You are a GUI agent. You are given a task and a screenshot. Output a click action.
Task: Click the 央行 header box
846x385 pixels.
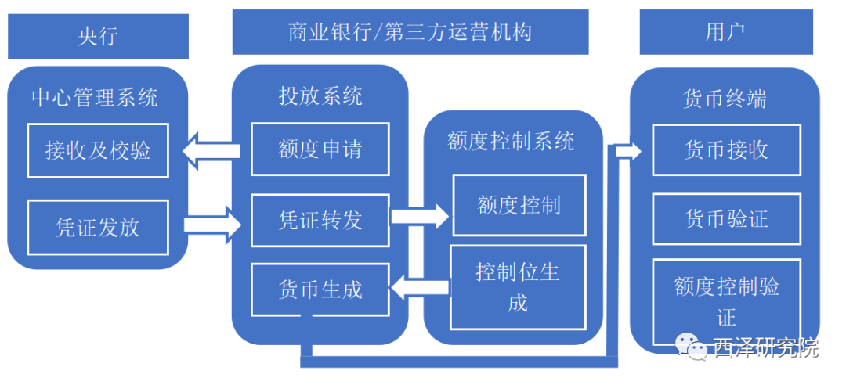point(98,35)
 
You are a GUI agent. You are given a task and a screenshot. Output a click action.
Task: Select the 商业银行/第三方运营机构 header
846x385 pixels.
point(410,32)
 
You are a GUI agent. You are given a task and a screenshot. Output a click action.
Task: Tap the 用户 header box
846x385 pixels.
point(725,32)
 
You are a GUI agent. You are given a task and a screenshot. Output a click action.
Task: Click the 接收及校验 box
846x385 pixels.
point(98,150)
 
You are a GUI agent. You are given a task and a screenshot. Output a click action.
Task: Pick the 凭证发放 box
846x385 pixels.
point(98,227)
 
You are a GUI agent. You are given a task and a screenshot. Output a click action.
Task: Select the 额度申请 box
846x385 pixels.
point(320,149)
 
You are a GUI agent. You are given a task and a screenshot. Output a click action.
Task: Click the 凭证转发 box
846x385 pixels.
point(320,220)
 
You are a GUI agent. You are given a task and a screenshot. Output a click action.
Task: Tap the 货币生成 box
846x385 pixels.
point(320,290)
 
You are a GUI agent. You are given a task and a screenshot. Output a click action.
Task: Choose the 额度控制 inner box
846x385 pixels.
point(519,205)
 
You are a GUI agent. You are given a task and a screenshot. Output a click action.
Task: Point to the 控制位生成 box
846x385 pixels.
point(518,287)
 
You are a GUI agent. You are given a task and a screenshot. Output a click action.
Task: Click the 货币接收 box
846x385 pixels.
point(726,150)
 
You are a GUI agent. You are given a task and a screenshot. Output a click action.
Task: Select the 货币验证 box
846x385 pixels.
point(726,219)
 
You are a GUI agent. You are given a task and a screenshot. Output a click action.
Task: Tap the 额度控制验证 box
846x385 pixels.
point(726,301)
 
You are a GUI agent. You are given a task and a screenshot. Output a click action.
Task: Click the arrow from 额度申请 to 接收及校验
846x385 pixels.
point(211,149)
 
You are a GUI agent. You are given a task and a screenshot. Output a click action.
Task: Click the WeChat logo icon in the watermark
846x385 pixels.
point(691,345)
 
